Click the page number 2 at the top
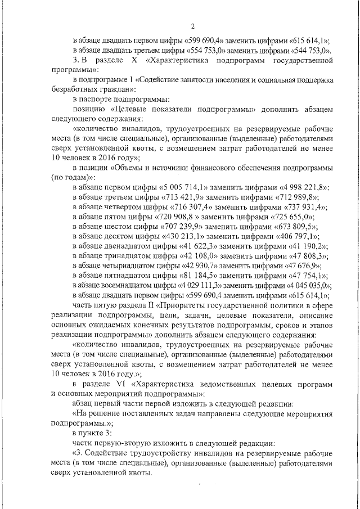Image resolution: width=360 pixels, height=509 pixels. (x=192, y=26)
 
